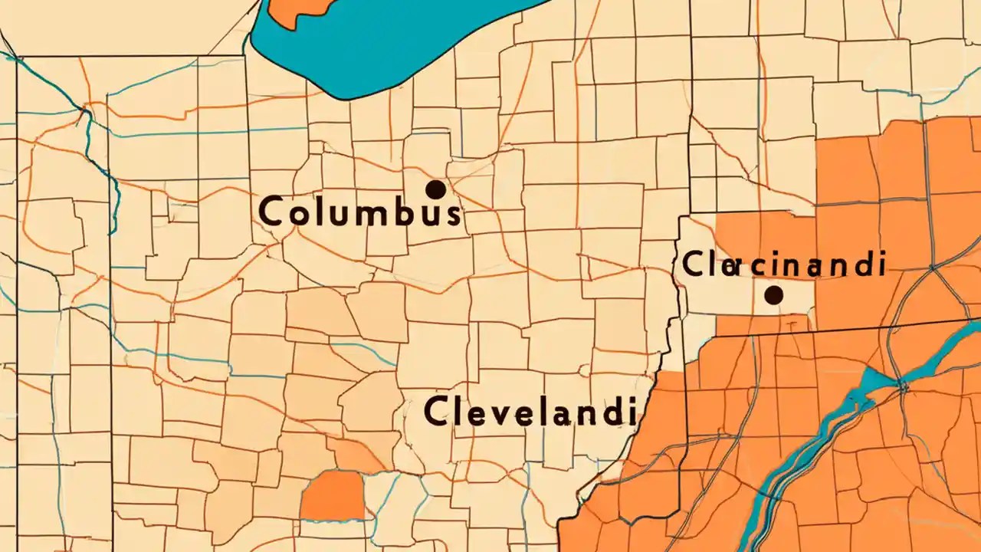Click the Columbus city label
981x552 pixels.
point(360,211)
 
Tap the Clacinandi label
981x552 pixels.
point(783,265)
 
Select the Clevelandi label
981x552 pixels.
point(530,412)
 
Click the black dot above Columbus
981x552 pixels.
point(435,189)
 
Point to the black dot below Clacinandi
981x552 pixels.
point(773,294)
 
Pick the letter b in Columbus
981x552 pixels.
point(406,211)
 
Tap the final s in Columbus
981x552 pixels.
point(452,213)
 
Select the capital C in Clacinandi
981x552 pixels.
point(693,265)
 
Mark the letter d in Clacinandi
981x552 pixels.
point(864,264)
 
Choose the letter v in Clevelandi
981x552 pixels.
point(492,414)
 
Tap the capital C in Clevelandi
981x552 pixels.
point(435,412)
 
